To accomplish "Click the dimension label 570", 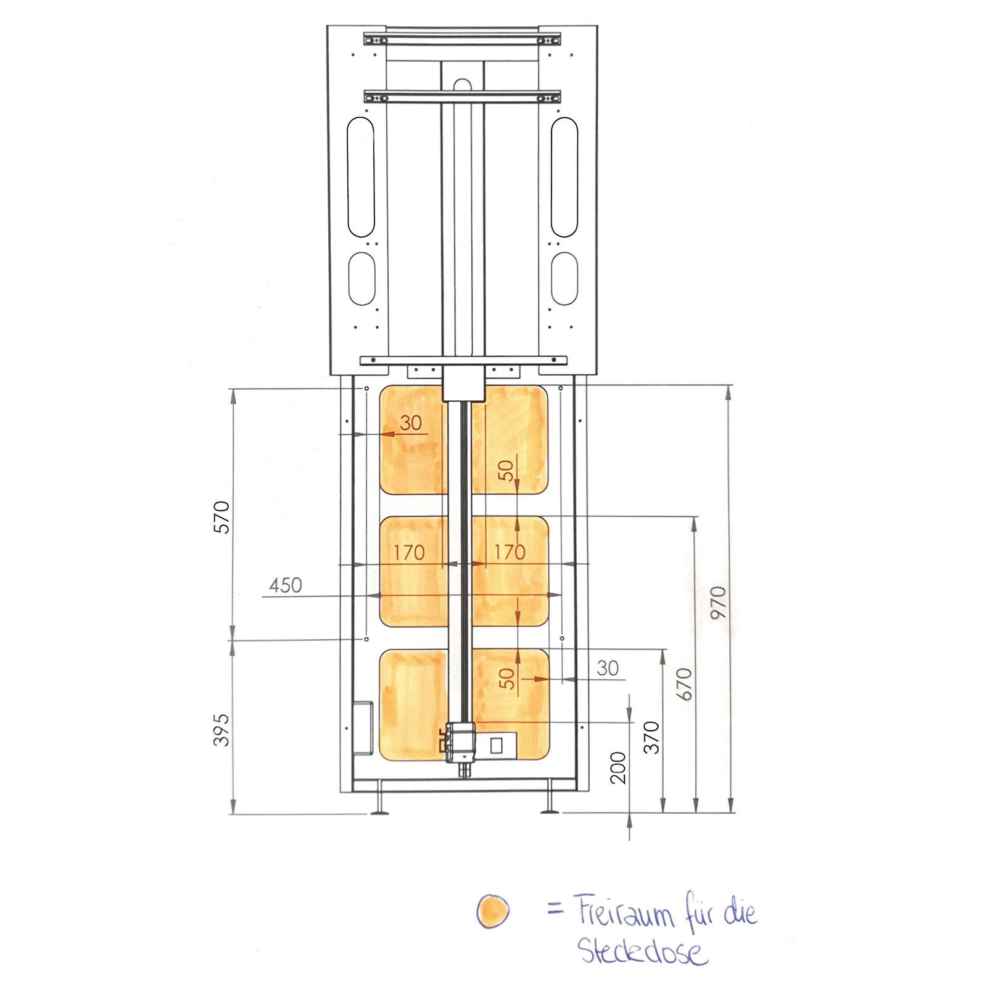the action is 221,517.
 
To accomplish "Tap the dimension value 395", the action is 221,730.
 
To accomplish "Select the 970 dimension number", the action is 719,602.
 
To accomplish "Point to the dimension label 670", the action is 684,684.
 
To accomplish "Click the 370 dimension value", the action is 651,737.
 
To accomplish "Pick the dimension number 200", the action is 617,767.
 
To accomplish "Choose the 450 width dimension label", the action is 286,585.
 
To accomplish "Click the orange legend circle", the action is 493,911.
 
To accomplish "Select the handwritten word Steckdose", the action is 641,951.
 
